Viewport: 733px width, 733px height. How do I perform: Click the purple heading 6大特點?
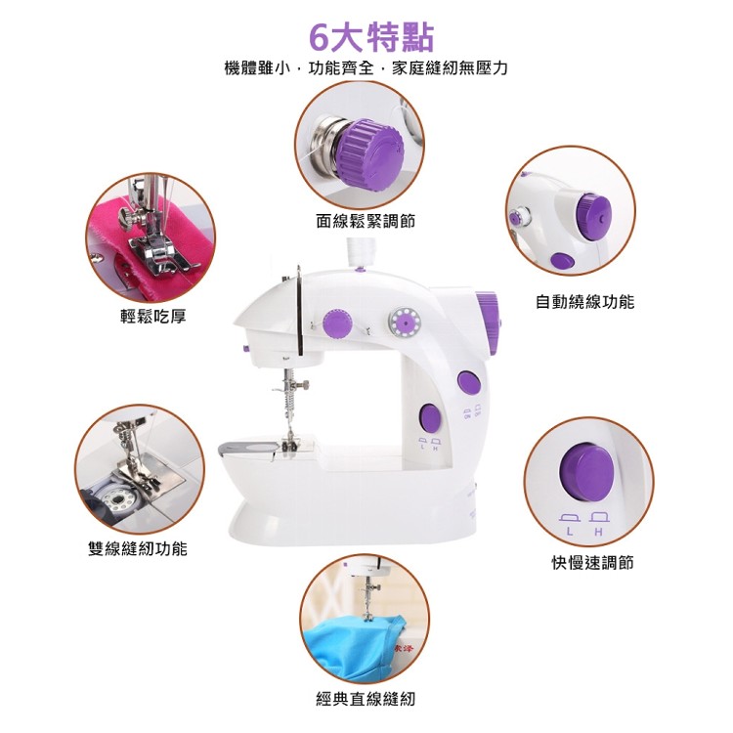pyautogui.click(x=372, y=37)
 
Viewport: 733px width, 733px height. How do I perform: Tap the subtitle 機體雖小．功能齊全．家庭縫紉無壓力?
pyautogui.click(x=366, y=68)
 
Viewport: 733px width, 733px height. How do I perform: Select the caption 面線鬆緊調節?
pyautogui.click(x=366, y=221)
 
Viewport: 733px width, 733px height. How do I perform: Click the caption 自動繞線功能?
pyautogui.click(x=584, y=302)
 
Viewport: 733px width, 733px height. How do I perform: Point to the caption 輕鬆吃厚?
pyautogui.click(x=153, y=317)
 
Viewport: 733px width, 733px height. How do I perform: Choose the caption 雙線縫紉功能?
pyautogui.click(x=138, y=548)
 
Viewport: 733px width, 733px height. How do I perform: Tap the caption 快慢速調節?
pyautogui.click(x=592, y=563)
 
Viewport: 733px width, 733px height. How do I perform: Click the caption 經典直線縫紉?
pyautogui.click(x=366, y=700)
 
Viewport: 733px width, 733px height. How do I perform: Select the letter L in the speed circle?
pyautogui.click(x=570, y=532)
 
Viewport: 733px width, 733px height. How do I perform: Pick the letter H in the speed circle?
pyautogui.click(x=598, y=532)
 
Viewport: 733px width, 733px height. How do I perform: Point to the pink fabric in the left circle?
pyautogui.click(x=154, y=243)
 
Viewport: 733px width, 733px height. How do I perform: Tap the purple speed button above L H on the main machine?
pyautogui.click(x=431, y=418)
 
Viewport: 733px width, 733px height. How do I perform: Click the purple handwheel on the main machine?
pyautogui.click(x=488, y=323)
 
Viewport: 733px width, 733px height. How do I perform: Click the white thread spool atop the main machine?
pyautogui.click(x=361, y=252)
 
